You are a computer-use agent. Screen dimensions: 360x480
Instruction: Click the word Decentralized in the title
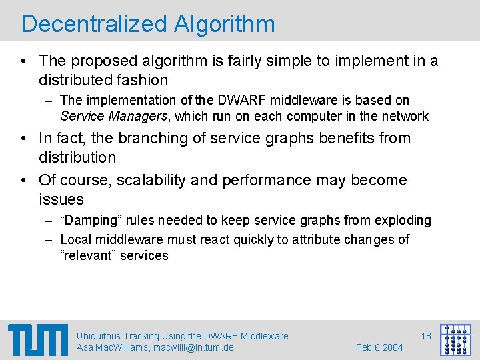tap(94, 24)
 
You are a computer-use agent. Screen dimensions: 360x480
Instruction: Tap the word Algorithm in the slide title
tap(224, 24)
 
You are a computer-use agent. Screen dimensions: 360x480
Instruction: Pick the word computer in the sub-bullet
tap(301, 116)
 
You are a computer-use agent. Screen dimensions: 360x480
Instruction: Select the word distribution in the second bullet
tap(77, 157)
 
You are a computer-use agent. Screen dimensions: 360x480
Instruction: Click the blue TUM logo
tap(38, 340)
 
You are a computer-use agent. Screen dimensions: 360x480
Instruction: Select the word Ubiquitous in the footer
tap(99, 336)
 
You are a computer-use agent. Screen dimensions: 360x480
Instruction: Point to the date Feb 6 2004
tap(379, 347)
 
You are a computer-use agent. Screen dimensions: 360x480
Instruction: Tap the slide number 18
tap(426, 336)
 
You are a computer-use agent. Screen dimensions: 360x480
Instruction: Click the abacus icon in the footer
tap(455, 340)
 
